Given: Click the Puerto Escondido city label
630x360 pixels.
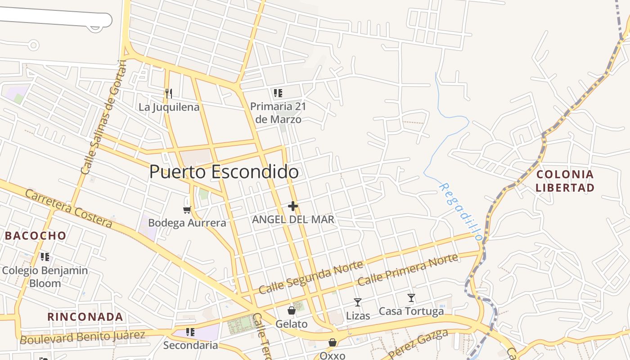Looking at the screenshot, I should click(x=224, y=172).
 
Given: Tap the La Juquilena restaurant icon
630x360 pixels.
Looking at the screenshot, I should click(x=169, y=94).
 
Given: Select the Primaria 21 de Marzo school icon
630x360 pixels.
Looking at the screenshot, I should click(x=278, y=93).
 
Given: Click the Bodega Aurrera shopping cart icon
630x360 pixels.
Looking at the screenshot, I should click(x=187, y=210).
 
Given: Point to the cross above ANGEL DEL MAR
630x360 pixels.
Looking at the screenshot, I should click(x=293, y=206).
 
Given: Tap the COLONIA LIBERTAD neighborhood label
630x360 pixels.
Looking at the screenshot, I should click(x=565, y=181).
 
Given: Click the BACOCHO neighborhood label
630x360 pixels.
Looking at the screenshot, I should click(x=36, y=235).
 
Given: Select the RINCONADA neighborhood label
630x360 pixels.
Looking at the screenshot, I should click(x=85, y=317).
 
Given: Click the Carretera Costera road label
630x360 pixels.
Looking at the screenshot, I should click(x=68, y=208).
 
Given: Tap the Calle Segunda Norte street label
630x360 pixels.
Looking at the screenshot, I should click(x=310, y=277).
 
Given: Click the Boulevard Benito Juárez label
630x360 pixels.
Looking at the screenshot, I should click(x=82, y=337).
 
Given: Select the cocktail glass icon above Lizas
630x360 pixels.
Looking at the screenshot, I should click(x=358, y=302).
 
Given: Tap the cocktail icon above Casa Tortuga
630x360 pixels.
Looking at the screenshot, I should click(x=411, y=297).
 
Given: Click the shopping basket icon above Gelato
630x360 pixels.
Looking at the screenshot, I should click(x=292, y=310).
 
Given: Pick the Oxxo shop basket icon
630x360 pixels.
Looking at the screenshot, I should click(x=333, y=343).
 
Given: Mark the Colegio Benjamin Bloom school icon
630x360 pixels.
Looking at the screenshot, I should click(x=45, y=257).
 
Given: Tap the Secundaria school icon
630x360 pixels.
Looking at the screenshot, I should click(x=190, y=332).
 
